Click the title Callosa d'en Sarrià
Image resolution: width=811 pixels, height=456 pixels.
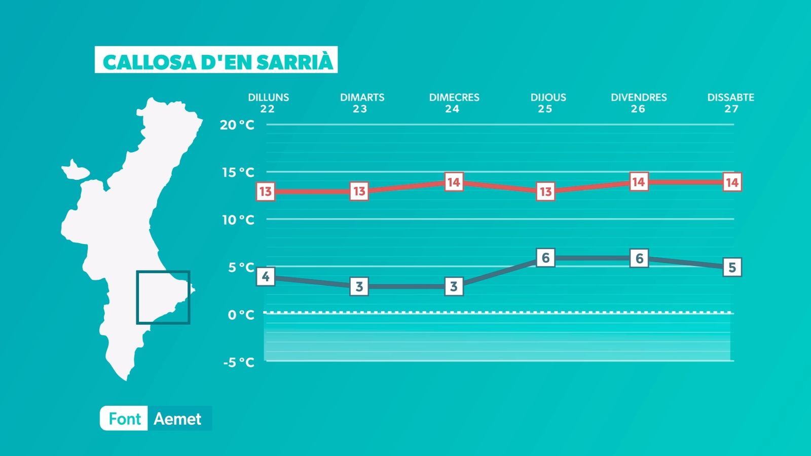coord(216,61)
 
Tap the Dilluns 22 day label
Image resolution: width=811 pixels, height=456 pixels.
coord(268,103)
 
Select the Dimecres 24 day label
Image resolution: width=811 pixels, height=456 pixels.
coord(454,103)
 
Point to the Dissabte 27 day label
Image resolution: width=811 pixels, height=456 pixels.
coord(730,103)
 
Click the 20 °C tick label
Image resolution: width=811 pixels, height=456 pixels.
coord(237,125)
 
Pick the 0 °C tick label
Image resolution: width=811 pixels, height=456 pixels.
coord(241,315)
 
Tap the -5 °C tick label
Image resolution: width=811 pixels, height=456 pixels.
coord(239,362)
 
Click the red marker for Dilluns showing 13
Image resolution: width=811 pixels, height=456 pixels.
coord(266,192)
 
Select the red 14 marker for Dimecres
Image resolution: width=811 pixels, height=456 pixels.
coord(453,182)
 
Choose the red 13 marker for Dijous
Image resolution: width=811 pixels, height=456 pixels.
coord(545,192)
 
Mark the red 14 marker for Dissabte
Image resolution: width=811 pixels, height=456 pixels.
coord(731,182)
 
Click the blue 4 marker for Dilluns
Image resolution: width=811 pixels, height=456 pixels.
coord(266,277)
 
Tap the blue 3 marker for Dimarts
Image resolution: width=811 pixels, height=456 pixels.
coord(359,287)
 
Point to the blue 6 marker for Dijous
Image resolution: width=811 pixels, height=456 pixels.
coord(545,258)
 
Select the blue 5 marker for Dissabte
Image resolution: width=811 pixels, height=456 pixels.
coord(731,268)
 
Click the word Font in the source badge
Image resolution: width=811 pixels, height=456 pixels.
coord(124,419)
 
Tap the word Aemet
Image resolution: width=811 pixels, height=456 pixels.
coord(177,419)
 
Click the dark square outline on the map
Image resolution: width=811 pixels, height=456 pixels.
coord(163,272)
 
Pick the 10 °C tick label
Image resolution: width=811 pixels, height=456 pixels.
coord(238,220)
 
